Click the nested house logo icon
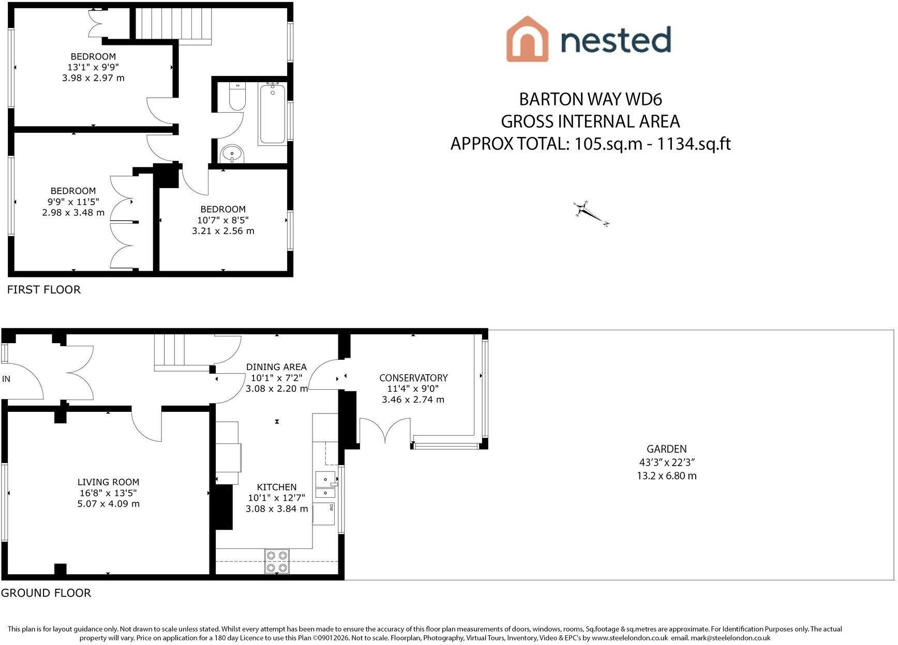[x=527, y=39]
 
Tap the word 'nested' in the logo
[x=616, y=40]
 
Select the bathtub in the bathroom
[x=272, y=114]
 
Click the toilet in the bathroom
[x=237, y=97]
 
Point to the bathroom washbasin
[x=232, y=154]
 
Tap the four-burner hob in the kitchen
[x=277, y=561]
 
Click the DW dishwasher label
[x=331, y=508]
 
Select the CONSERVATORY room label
[x=413, y=378]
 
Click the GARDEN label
[x=667, y=449]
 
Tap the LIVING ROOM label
[x=108, y=482]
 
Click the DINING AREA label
[x=276, y=367]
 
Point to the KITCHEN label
[x=277, y=487]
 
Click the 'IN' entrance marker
[x=6, y=379]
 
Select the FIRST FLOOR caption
[x=44, y=289]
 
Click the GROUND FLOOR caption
[x=46, y=593]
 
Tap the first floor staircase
[x=174, y=24]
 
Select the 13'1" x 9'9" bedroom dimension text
[x=93, y=67]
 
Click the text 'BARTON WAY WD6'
[x=591, y=99]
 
